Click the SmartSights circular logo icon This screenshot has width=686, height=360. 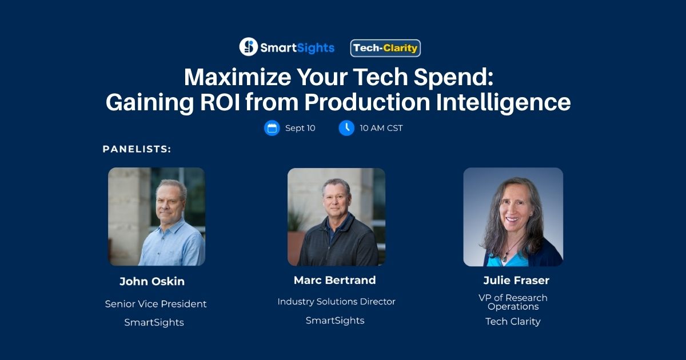pyautogui.click(x=248, y=47)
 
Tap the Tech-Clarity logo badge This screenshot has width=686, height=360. pyautogui.click(x=385, y=48)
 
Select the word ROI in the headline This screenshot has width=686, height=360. pyautogui.click(x=220, y=102)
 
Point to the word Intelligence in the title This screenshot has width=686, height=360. pyautogui.click(x=503, y=103)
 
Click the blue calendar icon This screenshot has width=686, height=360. pyautogui.click(x=272, y=128)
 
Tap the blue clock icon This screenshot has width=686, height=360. pyautogui.click(x=346, y=128)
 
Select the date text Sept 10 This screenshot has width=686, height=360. pyautogui.click(x=300, y=128)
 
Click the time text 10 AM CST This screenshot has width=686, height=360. pyautogui.click(x=381, y=128)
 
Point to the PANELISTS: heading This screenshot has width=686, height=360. pyautogui.click(x=137, y=149)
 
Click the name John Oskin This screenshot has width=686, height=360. pyautogui.click(x=152, y=281)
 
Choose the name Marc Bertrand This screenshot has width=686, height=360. pyautogui.click(x=335, y=280)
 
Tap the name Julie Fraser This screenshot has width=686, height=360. pyautogui.click(x=516, y=280)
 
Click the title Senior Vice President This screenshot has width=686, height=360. pyautogui.click(x=155, y=304)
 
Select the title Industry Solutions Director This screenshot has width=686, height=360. pyautogui.click(x=336, y=302)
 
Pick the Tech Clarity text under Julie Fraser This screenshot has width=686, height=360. pyautogui.click(x=513, y=321)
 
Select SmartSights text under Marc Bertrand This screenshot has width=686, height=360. pyautogui.click(x=335, y=321)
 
